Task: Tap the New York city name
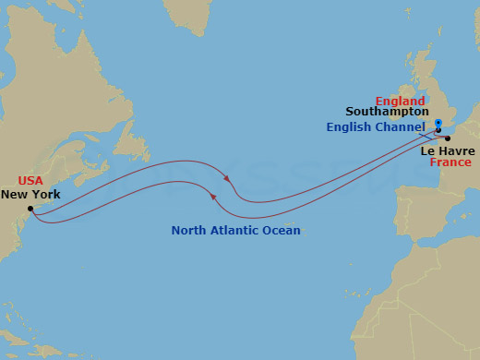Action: pos(30,195)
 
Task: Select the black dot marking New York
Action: pos(30,209)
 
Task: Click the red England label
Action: pos(400,101)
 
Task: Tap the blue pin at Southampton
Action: pos(439,125)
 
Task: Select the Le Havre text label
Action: pos(448,150)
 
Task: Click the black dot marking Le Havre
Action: pos(448,138)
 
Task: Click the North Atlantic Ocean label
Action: pos(235,230)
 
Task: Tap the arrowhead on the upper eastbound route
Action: pos(226,175)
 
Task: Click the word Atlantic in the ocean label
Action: pos(236,230)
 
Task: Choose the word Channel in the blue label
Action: pos(403,126)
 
